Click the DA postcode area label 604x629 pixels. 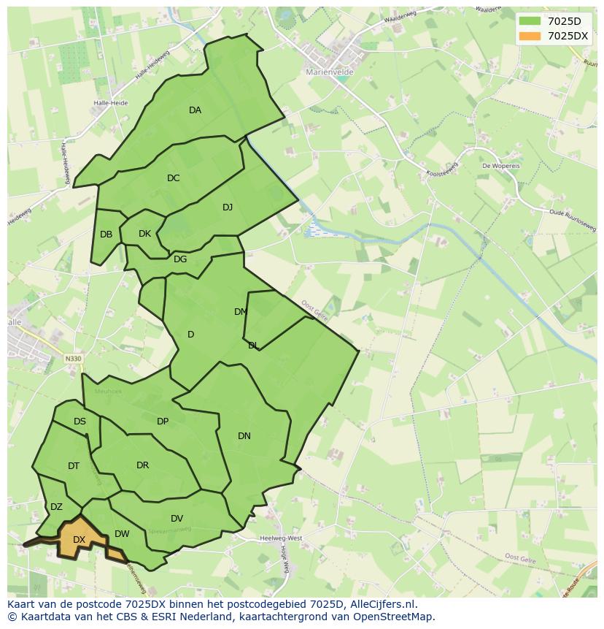click(195, 110)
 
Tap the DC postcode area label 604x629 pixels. click(173, 178)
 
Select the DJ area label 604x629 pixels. click(228, 207)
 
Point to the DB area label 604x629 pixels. click(107, 235)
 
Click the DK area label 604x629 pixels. click(144, 234)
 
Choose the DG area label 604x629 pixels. click(180, 259)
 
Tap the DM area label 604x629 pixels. click(241, 312)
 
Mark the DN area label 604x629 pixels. click(244, 436)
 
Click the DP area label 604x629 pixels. click(163, 422)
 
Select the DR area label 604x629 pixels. click(142, 465)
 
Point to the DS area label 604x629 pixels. click(80, 422)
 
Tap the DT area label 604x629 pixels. click(74, 466)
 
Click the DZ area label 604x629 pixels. click(56, 507)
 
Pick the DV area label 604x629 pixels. click(177, 519)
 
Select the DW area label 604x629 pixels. click(122, 534)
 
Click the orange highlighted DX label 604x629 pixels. click(79, 540)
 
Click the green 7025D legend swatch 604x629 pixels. click(530, 21)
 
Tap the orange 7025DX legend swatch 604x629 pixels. click(530, 36)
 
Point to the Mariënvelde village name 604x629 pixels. click(329, 72)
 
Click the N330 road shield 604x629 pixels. click(73, 359)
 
